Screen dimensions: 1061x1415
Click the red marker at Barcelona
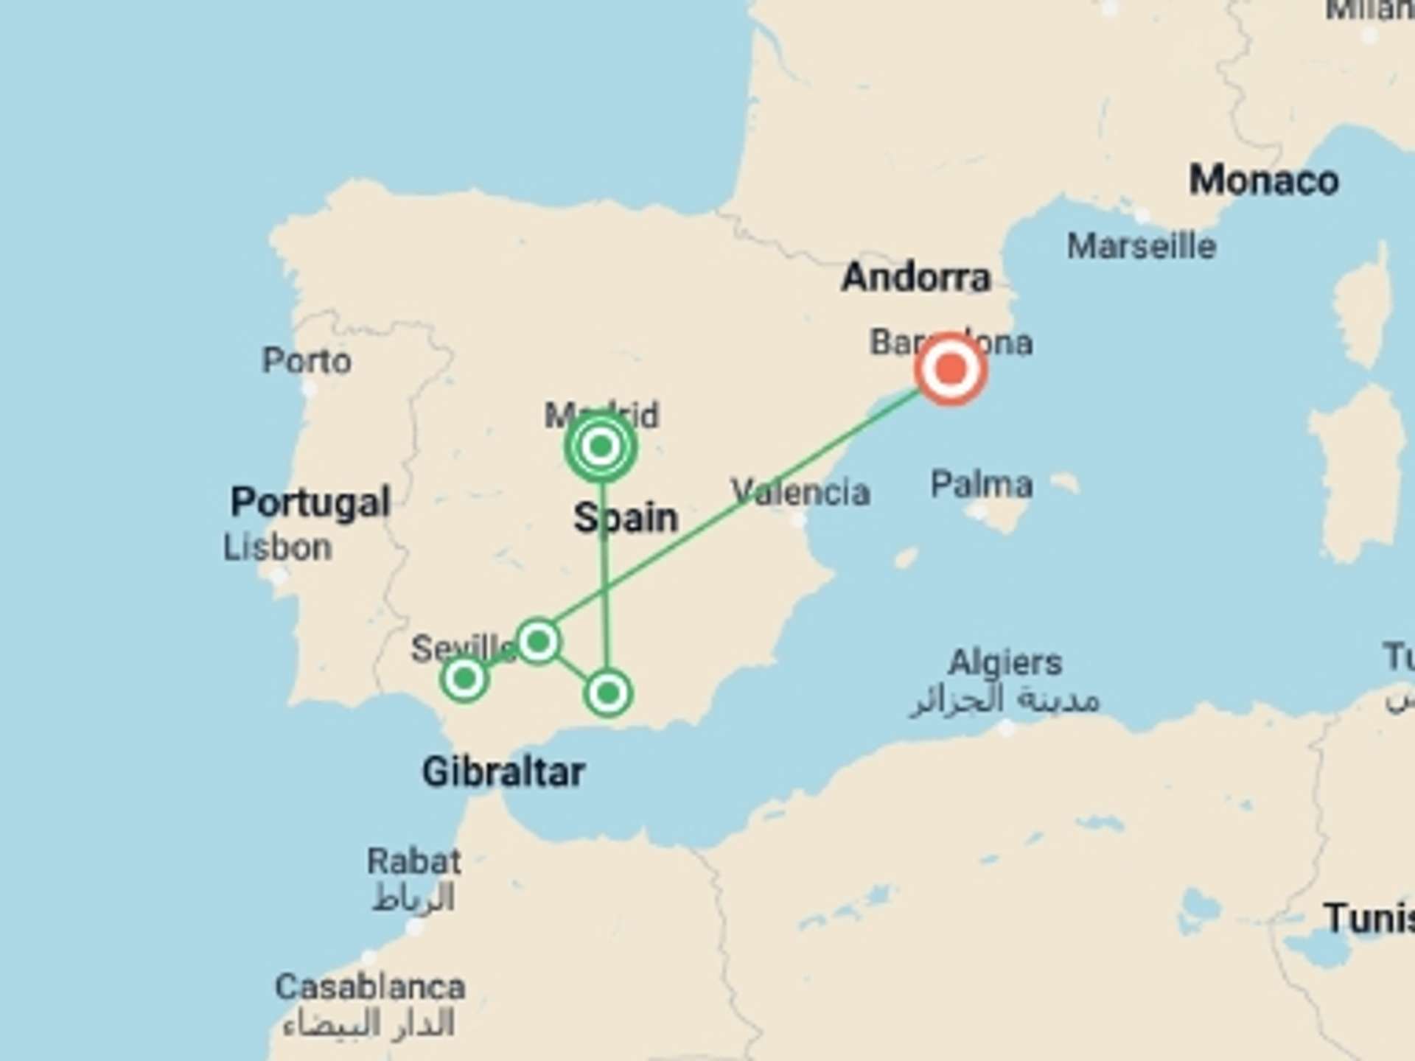pyautogui.click(x=951, y=368)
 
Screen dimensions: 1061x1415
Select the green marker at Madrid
pyautogui.click(x=601, y=446)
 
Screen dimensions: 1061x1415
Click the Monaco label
pyautogui.click(x=1263, y=181)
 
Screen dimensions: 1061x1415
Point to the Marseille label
pyautogui.click(x=1141, y=246)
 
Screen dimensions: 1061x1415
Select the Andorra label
pyautogui.click(x=916, y=278)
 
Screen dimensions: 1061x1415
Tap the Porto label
pyautogui.click(x=307, y=361)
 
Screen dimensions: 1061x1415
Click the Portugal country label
pyautogui.click(x=310, y=503)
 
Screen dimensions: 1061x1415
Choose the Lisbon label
pyautogui.click(x=278, y=547)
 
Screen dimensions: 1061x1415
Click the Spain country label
pyautogui.click(x=625, y=517)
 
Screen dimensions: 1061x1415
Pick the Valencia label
pyautogui.click(x=800, y=491)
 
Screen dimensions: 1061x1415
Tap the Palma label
pyautogui.click(x=981, y=485)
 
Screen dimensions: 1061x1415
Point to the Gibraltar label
pyautogui.click(x=503, y=772)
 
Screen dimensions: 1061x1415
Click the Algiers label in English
pyautogui.click(x=1005, y=662)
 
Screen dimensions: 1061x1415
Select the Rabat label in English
pyautogui.click(x=414, y=861)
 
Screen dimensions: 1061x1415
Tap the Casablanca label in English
pyautogui.click(x=370, y=987)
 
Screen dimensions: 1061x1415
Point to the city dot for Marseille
pyautogui.click(x=1142, y=215)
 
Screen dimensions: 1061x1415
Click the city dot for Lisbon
pyautogui.click(x=279, y=575)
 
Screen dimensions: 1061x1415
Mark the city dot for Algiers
pyautogui.click(x=1006, y=728)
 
